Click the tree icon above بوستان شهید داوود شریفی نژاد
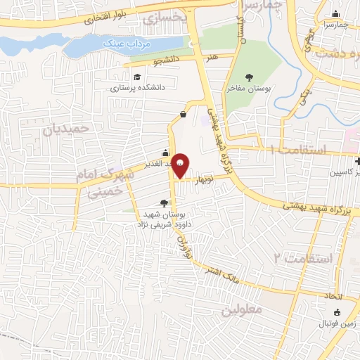[164, 202]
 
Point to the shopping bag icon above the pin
[183, 113]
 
